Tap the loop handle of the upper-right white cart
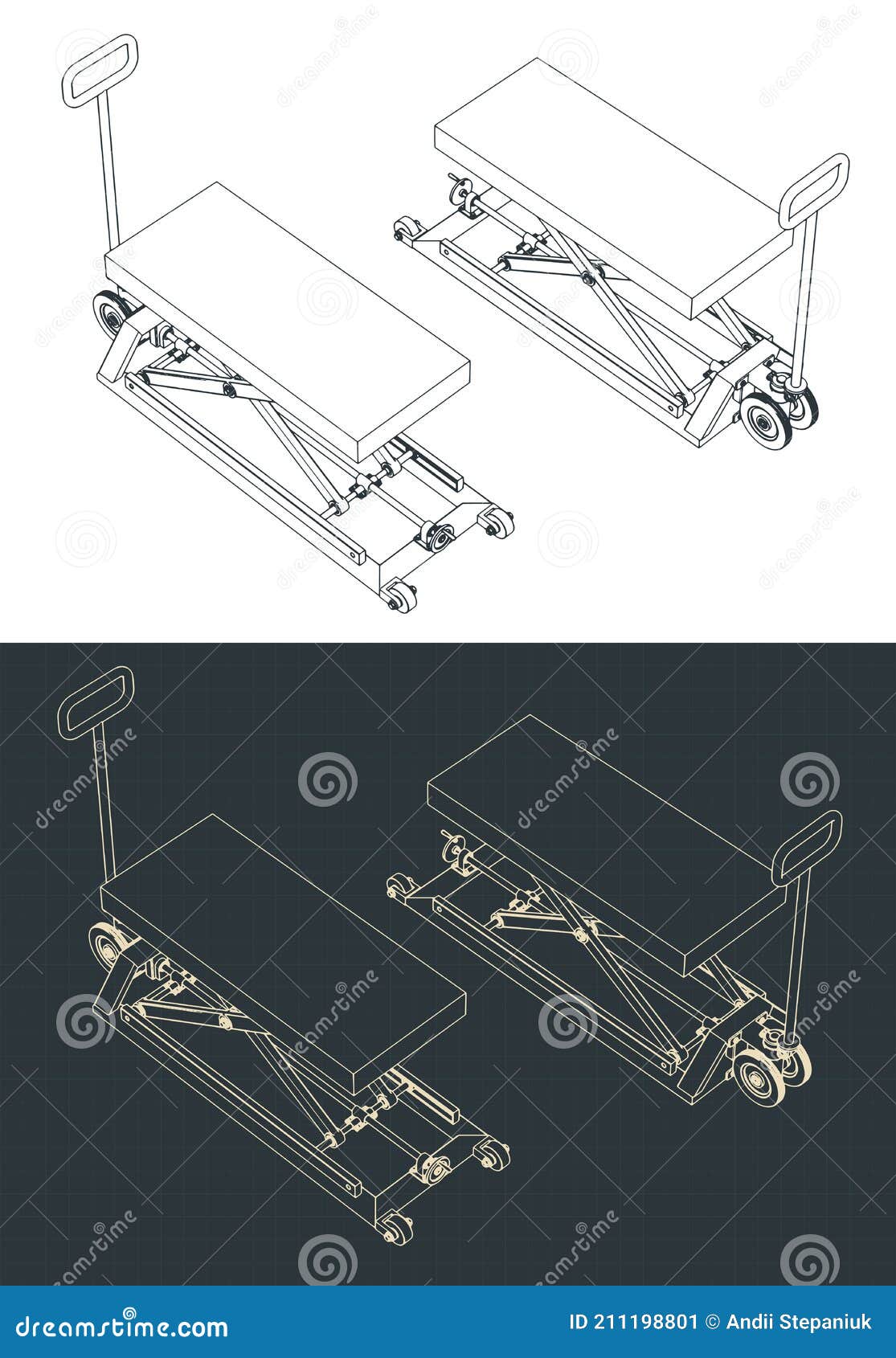click(814, 190)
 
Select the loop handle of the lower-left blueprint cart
click(95, 704)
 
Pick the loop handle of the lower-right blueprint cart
click(807, 846)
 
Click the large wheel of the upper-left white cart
click(110, 315)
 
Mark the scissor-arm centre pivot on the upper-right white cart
click(589, 278)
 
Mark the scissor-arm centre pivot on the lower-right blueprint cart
click(579, 934)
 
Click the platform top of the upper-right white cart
click(611, 177)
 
